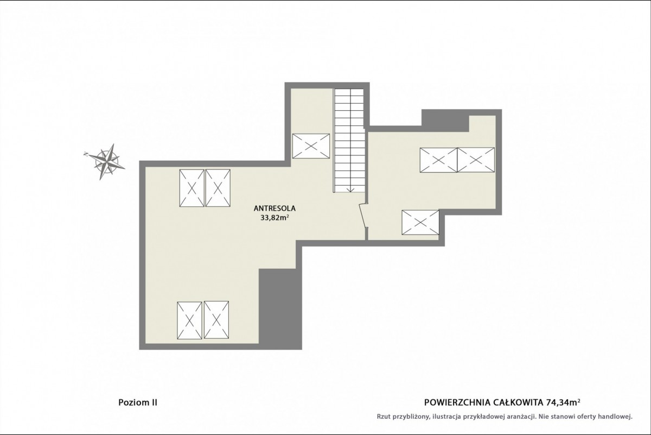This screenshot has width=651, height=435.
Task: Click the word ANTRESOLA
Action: click(275, 209)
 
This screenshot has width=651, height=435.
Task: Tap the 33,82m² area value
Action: click(275, 218)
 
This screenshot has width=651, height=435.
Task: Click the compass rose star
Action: click(107, 161)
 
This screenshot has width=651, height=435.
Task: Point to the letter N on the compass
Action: click(86, 154)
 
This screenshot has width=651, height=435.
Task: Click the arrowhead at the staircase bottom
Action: click(350, 190)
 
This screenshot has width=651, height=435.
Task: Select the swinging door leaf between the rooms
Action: click(363, 216)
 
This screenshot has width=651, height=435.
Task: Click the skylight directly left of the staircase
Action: click(311, 146)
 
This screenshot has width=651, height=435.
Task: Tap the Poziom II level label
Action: click(138, 402)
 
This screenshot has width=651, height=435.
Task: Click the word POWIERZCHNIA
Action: click(457, 402)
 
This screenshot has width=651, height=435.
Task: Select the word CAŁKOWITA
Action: click(518, 402)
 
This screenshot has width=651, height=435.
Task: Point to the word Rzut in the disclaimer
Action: click(384, 417)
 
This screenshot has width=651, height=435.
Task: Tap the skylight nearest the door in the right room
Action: click(420, 222)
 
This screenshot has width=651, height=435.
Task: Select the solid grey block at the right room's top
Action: click(445, 121)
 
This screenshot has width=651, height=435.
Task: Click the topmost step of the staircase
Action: click(349, 92)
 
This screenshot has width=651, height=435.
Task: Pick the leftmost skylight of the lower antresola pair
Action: click(189, 320)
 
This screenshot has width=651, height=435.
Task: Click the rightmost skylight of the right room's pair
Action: click(476, 160)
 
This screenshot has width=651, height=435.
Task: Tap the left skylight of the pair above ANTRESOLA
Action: click(192, 188)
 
